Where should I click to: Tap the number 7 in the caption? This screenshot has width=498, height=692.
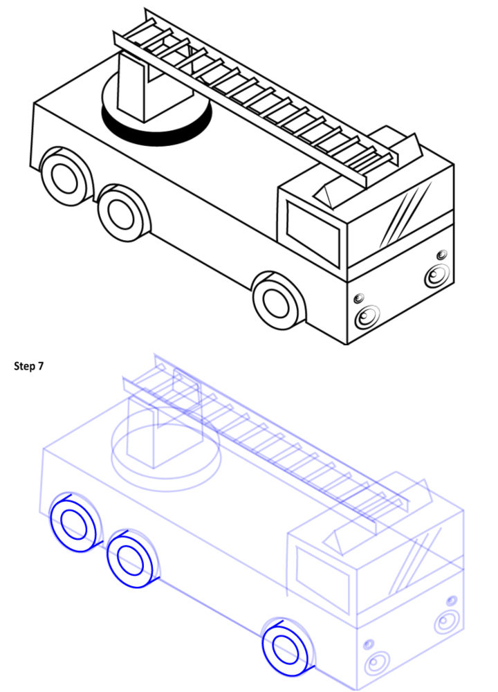click(41, 366)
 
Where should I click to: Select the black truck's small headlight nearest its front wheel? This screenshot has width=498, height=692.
click(358, 298)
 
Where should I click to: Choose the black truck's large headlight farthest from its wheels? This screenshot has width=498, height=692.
click(437, 275)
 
